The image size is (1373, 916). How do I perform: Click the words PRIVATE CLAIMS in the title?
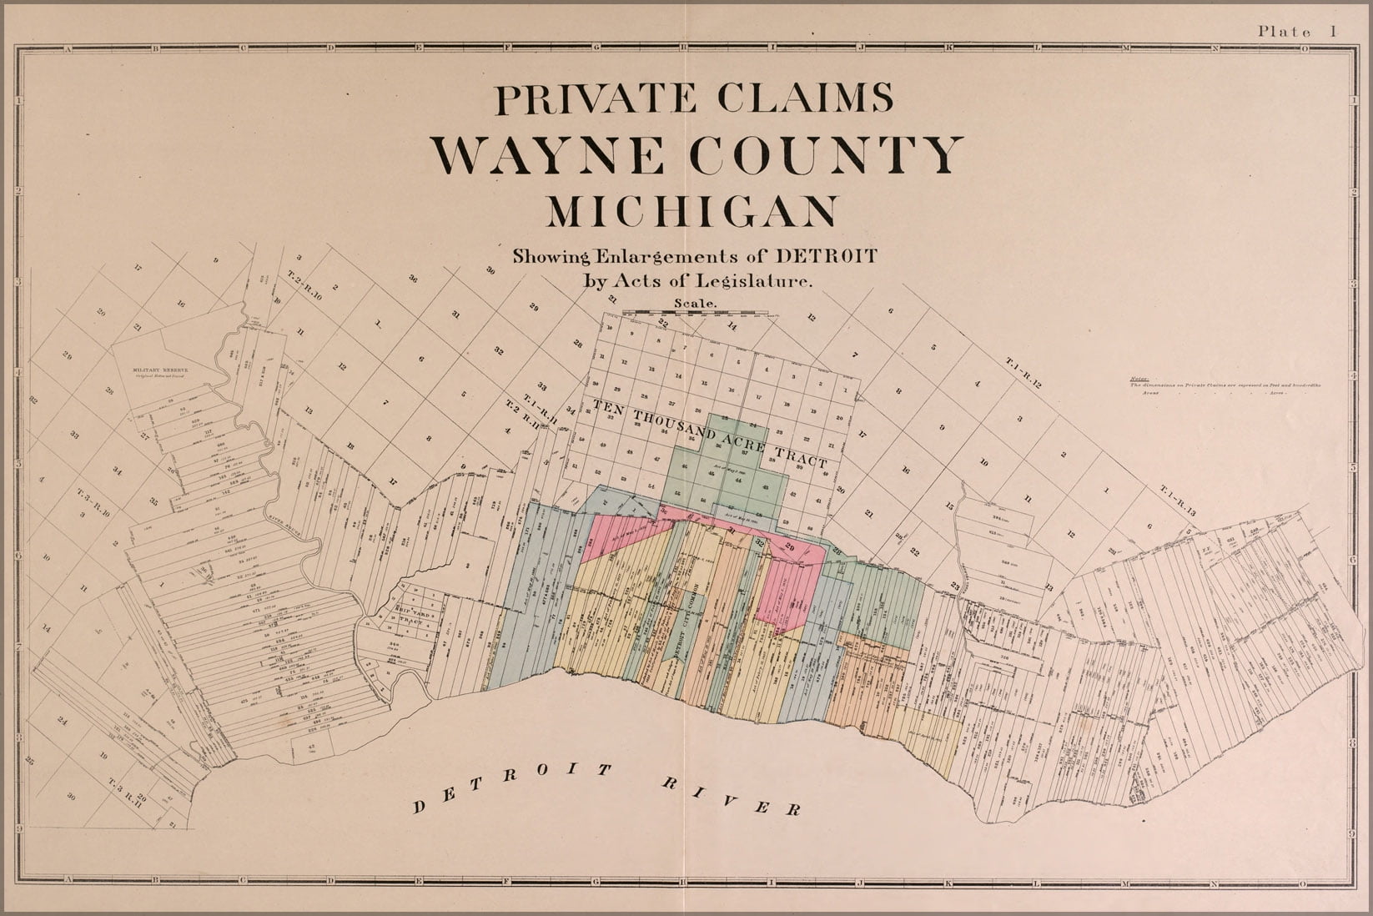point(694,99)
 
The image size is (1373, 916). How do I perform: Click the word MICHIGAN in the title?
point(691,211)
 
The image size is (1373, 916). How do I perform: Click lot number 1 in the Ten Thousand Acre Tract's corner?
point(845,390)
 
